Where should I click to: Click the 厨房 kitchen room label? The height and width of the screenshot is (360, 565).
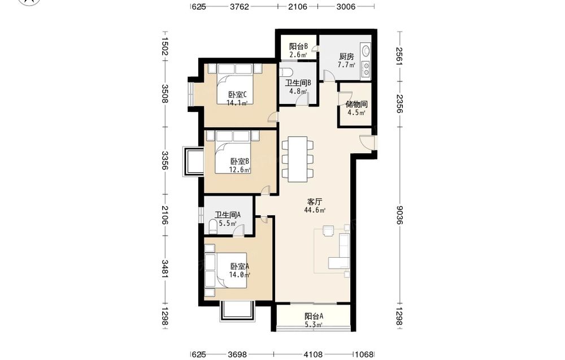pos(346,57)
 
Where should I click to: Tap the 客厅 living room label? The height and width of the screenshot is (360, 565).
pos(315,202)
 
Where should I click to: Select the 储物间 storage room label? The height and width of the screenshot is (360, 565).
pos(357,105)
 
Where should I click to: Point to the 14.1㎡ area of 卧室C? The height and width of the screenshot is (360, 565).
pos(237,103)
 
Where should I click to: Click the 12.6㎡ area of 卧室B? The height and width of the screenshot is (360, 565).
pos(240,170)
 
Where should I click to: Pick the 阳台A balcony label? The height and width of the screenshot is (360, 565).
pos(314,316)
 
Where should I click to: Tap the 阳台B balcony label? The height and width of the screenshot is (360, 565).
pos(298,46)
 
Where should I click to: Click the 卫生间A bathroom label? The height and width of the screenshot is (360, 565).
pos(227,215)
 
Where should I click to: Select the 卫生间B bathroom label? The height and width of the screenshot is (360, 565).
pos(298,83)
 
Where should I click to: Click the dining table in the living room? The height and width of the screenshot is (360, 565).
pos(298,159)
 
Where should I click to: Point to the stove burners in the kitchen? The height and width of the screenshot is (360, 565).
pos(366,69)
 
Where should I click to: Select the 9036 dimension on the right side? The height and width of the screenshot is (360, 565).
pos(398,215)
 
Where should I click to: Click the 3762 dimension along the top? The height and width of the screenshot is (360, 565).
pos(239,7)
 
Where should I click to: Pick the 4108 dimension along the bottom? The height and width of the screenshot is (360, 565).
pos(313,354)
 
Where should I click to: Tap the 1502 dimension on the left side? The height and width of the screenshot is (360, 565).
pos(164,46)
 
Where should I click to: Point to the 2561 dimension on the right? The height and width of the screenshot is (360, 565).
pos(398,57)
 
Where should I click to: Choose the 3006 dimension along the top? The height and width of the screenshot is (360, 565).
pos(346,7)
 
